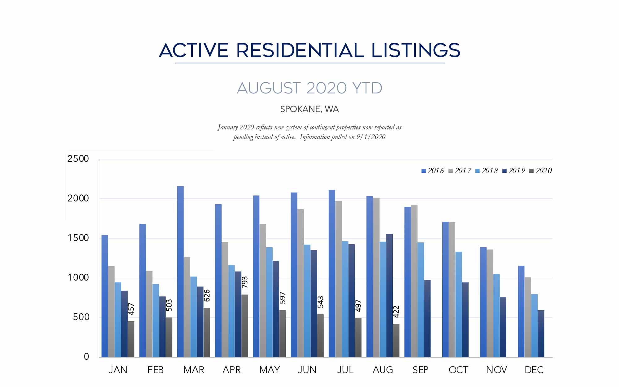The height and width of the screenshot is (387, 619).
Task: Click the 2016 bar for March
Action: pyautogui.click(x=180, y=272)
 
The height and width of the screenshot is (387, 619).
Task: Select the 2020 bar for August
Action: pyautogui.click(x=396, y=340)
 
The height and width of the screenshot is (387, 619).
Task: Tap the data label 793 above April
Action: pyautogui.click(x=245, y=282)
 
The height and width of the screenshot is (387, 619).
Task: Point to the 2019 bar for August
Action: pyautogui.click(x=389, y=295)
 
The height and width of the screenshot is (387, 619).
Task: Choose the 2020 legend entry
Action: pyautogui.click(x=541, y=171)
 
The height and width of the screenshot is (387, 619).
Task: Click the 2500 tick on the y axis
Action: pyautogui.click(x=78, y=159)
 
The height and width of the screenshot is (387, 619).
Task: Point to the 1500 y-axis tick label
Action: pyautogui.click(x=78, y=238)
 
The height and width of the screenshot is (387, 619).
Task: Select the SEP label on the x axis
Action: pyautogui.click(x=420, y=370)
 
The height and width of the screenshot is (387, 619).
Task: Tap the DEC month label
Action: pyautogui.click(x=534, y=370)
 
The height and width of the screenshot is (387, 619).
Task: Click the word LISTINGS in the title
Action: pyautogui.click(x=416, y=50)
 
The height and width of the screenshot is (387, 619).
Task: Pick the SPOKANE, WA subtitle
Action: pyautogui.click(x=309, y=109)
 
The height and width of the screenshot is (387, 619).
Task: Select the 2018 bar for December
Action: pyautogui.click(x=535, y=325)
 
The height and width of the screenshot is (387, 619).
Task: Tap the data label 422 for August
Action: pyautogui.click(x=396, y=311)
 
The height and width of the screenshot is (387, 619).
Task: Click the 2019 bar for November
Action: pyautogui.click(x=503, y=327)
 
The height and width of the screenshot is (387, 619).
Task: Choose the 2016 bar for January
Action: pyautogui.click(x=105, y=296)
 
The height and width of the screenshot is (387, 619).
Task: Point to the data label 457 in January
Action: pyautogui.click(x=131, y=309)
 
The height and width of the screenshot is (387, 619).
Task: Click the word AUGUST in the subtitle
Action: pyautogui.click(x=269, y=88)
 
